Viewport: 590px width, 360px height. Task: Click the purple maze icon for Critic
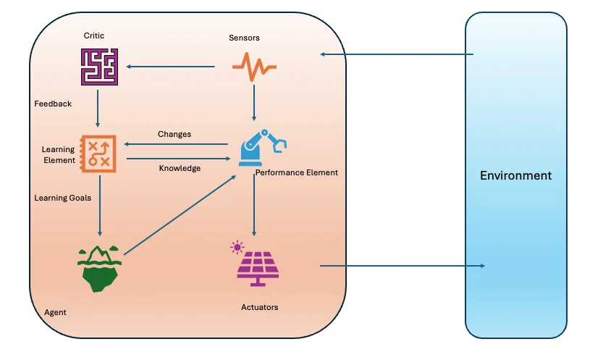pos(98,67)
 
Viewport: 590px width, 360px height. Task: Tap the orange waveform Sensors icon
pos(253,67)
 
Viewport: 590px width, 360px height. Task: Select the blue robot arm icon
pos(259,145)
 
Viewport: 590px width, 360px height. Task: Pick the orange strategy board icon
pos(98,153)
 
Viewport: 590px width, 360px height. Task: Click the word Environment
pos(515,176)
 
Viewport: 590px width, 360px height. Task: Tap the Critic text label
pos(95,35)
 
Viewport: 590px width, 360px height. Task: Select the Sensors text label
pos(244,38)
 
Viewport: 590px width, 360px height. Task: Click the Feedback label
pos(53,104)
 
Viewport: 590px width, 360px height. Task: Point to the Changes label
pos(174,134)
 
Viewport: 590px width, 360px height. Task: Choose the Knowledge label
pos(180,168)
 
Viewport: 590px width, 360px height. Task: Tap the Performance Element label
pos(296,173)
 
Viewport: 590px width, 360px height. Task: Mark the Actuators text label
pos(259,308)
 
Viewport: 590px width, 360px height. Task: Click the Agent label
pos(55,312)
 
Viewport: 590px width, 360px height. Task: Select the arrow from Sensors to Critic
pos(171,67)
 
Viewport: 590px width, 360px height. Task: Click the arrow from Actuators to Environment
pos(402,266)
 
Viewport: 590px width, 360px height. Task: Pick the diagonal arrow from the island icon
pos(182,214)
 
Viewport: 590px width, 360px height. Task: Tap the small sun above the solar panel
pos(237,248)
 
